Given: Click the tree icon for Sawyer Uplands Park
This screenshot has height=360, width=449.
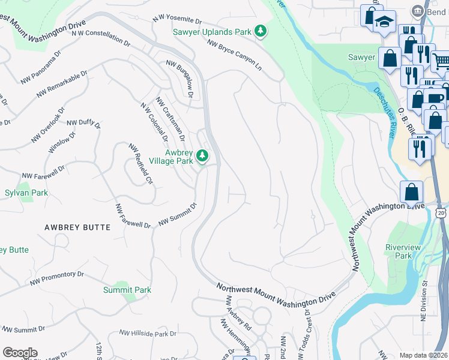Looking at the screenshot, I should [x=260, y=31].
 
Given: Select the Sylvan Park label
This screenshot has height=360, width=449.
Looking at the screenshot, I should [x=26, y=193].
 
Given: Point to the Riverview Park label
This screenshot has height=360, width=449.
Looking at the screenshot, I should [x=403, y=251].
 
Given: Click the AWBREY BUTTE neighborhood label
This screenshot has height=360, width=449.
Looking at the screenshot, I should [x=77, y=227].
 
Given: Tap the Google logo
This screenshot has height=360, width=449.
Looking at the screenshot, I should [x=20, y=352].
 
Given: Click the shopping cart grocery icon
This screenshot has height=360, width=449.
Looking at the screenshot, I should [x=441, y=60].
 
